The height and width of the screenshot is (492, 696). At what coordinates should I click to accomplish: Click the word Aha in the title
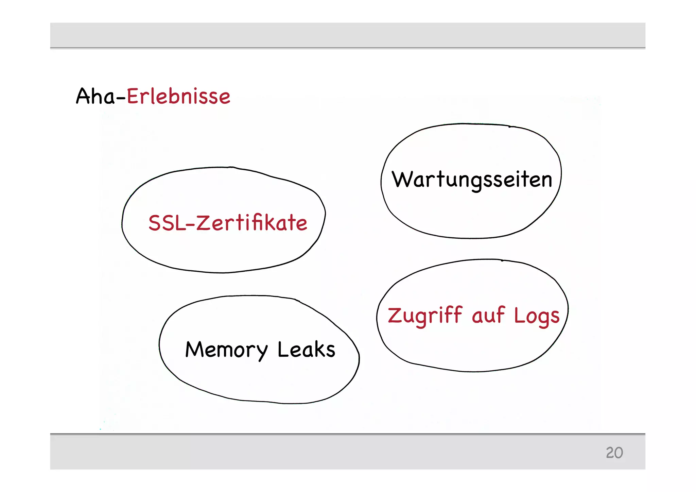pyautogui.click(x=95, y=96)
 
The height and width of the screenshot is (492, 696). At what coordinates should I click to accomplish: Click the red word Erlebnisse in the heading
pyautogui.click(x=178, y=96)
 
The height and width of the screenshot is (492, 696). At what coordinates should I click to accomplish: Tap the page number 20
pyautogui.click(x=614, y=453)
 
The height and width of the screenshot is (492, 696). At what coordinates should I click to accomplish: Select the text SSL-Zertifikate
pyautogui.click(x=228, y=223)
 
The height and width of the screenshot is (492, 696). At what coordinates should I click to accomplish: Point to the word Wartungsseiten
pyautogui.click(x=472, y=180)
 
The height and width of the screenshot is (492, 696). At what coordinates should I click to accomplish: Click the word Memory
pyautogui.click(x=226, y=350)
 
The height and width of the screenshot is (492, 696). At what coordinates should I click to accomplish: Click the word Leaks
pyautogui.click(x=306, y=350)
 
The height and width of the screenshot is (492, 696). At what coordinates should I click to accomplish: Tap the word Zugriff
pyautogui.click(x=425, y=316)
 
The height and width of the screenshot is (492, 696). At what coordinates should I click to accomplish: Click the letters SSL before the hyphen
pyautogui.click(x=167, y=223)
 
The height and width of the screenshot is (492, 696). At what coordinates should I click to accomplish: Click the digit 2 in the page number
pyautogui.click(x=610, y=453)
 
